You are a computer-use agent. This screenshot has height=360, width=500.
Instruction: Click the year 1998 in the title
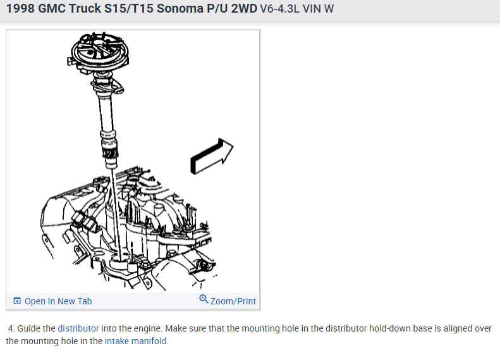[x=20, y=8]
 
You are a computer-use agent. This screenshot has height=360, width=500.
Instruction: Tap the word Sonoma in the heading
[x=180, y=8]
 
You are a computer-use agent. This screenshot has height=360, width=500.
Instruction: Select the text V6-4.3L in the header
[x=279, y=9]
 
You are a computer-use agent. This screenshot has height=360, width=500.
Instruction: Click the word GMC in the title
[x=52, y=8]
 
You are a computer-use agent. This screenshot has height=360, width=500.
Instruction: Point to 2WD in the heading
[x=244, y=8]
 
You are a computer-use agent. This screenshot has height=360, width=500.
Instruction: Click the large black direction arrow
[x=211, y=156]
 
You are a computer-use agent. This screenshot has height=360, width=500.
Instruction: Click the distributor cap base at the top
[x=99, y=53]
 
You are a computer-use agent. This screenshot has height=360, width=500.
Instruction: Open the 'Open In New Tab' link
[x=58, y=301]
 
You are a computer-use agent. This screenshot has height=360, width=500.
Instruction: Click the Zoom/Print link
[x=233, y=301]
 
